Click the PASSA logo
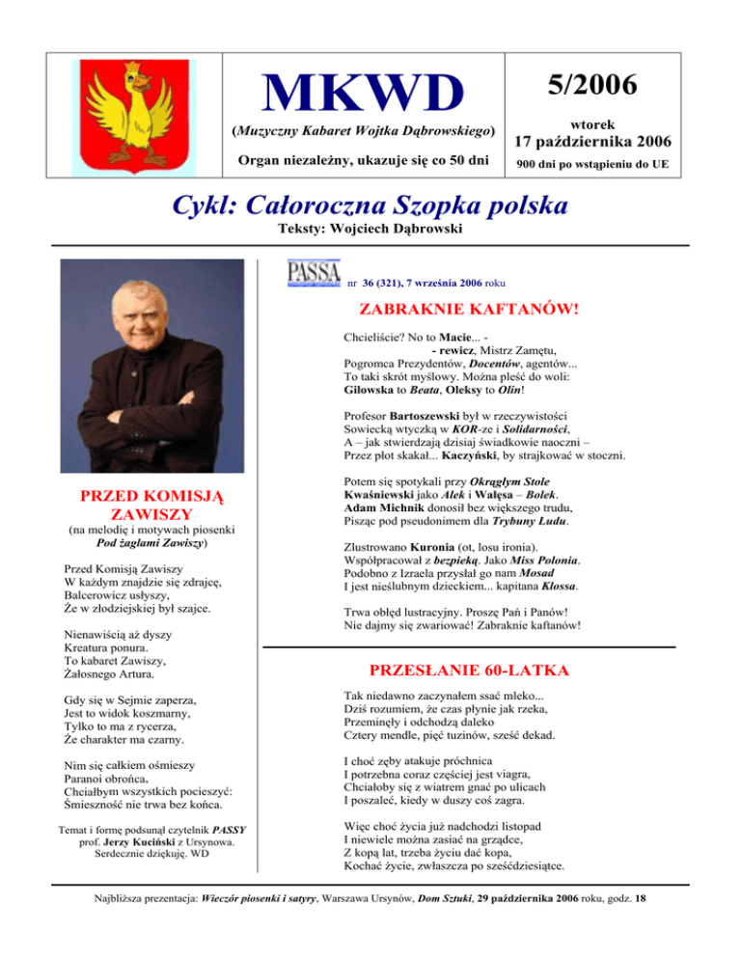pos(314,273)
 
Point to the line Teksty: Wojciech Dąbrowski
pos(370,232)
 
